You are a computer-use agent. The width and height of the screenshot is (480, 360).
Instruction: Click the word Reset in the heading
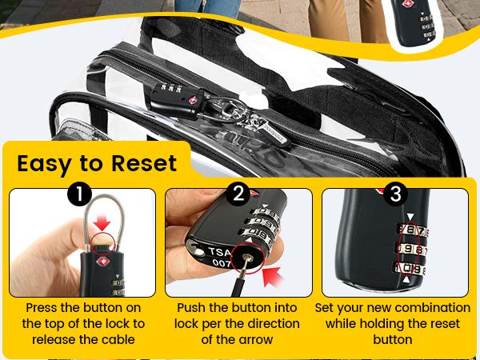[x=144, y=163]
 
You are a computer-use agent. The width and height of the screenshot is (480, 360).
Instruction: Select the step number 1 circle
[x=79, y=194]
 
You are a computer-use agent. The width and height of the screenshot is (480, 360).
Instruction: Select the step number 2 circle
[x=238, y=194]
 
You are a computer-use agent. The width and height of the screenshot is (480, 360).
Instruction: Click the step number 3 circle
[x=395, y=194]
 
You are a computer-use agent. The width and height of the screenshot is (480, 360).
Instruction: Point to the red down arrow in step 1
[x=102, y=222]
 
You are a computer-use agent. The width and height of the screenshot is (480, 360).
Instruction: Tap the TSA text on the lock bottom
[x=220, y=252]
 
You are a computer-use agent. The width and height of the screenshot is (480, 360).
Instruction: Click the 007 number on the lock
[x=222, y=262]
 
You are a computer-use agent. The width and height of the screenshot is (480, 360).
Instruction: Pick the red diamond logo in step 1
[x=102, y=261]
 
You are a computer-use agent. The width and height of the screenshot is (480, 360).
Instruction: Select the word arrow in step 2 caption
[x=257, y=340]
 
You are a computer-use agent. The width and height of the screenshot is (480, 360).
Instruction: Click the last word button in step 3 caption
[x=393, y=339]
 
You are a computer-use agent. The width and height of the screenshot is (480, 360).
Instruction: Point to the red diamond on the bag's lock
[x=192, y=101]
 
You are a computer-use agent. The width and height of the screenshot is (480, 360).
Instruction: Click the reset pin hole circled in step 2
[x=248, y=259]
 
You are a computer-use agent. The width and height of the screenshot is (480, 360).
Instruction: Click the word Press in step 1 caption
[x=42, y=308]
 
